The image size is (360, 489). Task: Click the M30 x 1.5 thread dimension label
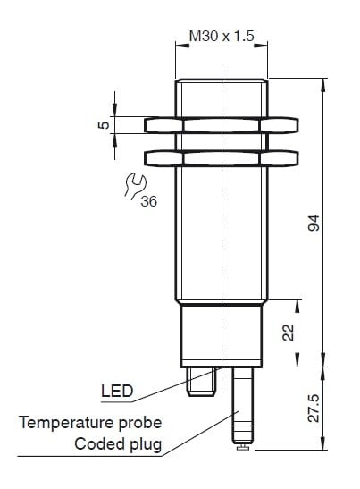[x=222, y=36]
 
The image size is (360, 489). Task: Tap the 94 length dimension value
[x=314, y=223]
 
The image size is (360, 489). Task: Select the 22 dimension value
[x=288, y=333]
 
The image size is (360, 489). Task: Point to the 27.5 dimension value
[x=314, y=409]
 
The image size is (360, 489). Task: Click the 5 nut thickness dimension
[x=105, y=125]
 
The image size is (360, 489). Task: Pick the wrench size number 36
[x=148, y=201]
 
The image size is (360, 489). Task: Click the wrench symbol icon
[x=135, y=186]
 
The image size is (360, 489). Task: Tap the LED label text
[x=117, y=391]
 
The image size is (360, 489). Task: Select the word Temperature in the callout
[x=66, y=423]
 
